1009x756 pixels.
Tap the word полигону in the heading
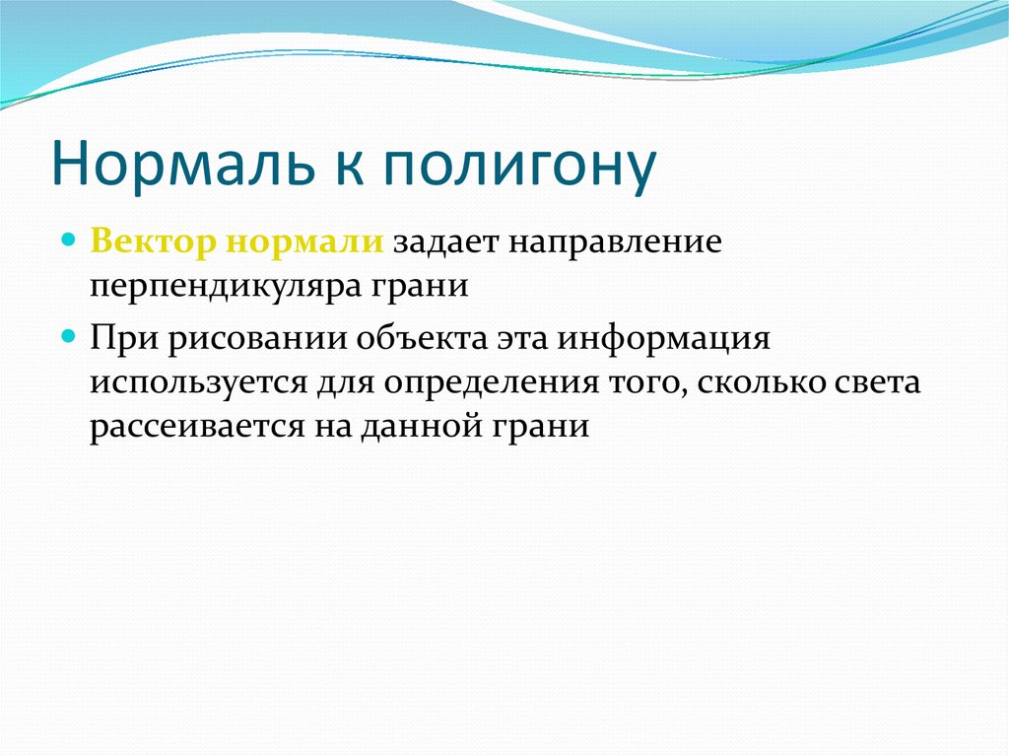(x=519, y=168)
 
